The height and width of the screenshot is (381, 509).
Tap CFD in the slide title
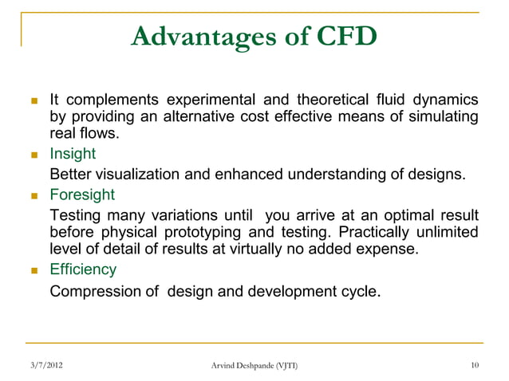335,37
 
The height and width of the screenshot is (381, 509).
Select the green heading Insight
73,153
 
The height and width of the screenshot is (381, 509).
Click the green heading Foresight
82,194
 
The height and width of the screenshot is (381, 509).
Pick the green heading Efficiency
84,271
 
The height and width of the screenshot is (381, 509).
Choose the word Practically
376,232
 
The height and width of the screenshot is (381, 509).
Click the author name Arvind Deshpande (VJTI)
254,365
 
